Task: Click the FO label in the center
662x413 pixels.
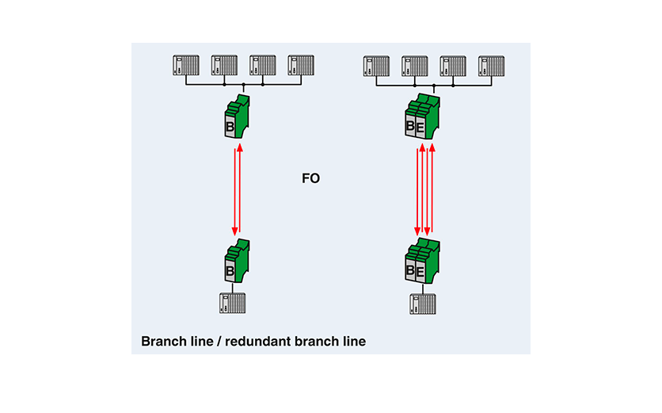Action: [x=310, y=179]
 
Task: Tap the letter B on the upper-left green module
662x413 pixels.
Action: [x=230, y=128]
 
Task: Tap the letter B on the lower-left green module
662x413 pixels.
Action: [x=230, y=272]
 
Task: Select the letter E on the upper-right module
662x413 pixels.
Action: [x=420, y=127]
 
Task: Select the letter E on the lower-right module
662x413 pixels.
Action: [x=420, y=272]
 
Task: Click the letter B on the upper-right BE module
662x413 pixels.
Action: [x=410, y=127]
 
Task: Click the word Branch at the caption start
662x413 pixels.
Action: [x=163, y=342]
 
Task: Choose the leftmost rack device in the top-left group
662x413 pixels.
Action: [x=187, y=64]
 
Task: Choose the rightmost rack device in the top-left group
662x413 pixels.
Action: [x=302, y=64]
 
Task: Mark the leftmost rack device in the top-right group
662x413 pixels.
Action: [x=376, y=64]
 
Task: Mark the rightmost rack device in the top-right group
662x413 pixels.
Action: [x=491, y=64]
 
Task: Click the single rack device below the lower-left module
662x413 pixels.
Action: [x=232, y=304]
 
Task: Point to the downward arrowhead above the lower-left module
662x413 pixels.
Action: [x=235, y=231]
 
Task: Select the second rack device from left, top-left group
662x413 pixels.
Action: [x=225, y=64]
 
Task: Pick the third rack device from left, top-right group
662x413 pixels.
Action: [x=453, y=64]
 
